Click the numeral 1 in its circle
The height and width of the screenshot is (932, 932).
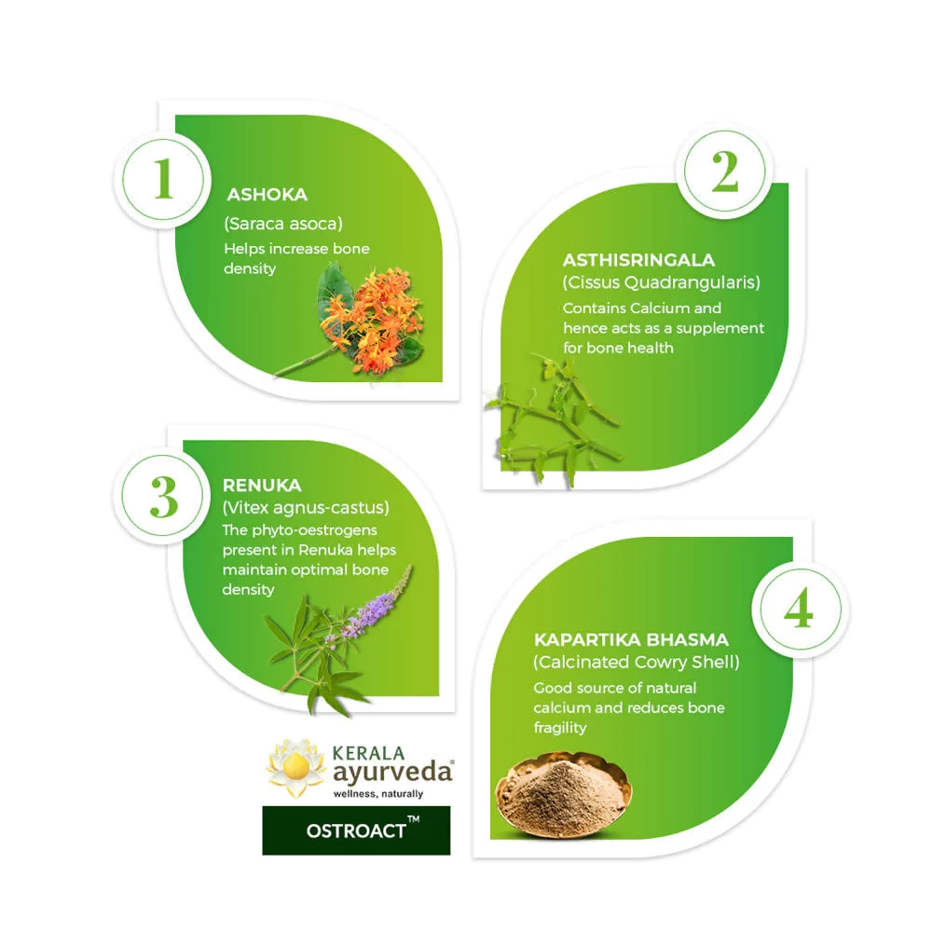click(x=164, y=178)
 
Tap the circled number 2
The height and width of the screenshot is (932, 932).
click(x=724, y=171)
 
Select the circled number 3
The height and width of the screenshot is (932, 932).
click(x=164, y=499)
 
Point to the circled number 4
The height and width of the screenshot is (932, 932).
click(x=798, y=610)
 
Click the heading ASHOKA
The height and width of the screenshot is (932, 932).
click(x=267, y=196)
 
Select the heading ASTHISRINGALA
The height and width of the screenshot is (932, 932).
click(x=638, y=261)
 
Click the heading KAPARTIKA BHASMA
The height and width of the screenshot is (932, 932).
click(x=631, y=640)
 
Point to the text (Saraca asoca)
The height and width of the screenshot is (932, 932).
click(x=282, y=224)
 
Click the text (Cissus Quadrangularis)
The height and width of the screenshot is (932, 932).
click(x=661, y=282)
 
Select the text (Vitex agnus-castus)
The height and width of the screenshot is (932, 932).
click(x=305, y=508)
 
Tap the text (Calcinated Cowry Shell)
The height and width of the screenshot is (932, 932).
click(x=636, y=663)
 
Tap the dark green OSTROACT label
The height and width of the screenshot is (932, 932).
click(x=356, y=829)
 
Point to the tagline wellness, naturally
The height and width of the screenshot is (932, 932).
click(x=377, y=794)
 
